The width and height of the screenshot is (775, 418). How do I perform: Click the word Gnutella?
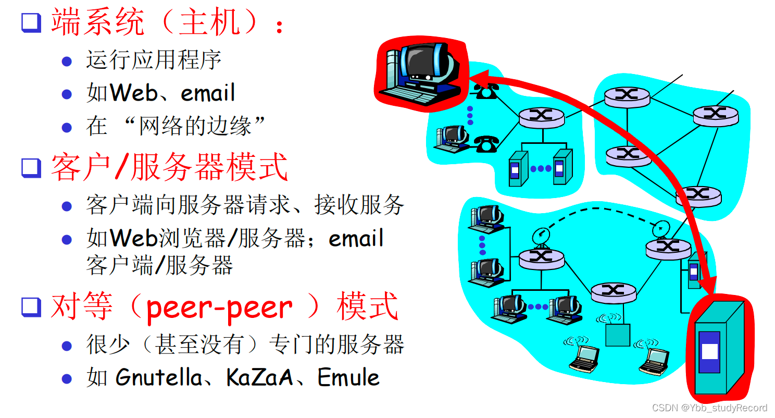(159, 377)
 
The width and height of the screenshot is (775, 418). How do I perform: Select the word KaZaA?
(260, 377)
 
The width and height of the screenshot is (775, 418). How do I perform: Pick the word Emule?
(348, 377)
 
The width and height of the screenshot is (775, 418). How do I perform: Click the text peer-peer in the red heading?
(219, 308)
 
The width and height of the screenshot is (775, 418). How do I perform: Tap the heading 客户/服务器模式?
(169, 167)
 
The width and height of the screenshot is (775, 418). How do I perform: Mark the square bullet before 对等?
(31, 308)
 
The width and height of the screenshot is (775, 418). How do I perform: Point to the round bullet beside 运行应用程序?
(67, 62)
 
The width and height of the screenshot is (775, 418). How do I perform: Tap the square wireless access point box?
(618, 335)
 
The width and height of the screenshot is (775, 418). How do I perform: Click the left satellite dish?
(540, 237)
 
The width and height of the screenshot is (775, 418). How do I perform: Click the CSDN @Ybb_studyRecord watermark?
(709, 408)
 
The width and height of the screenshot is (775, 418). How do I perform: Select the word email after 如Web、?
(208, 93)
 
